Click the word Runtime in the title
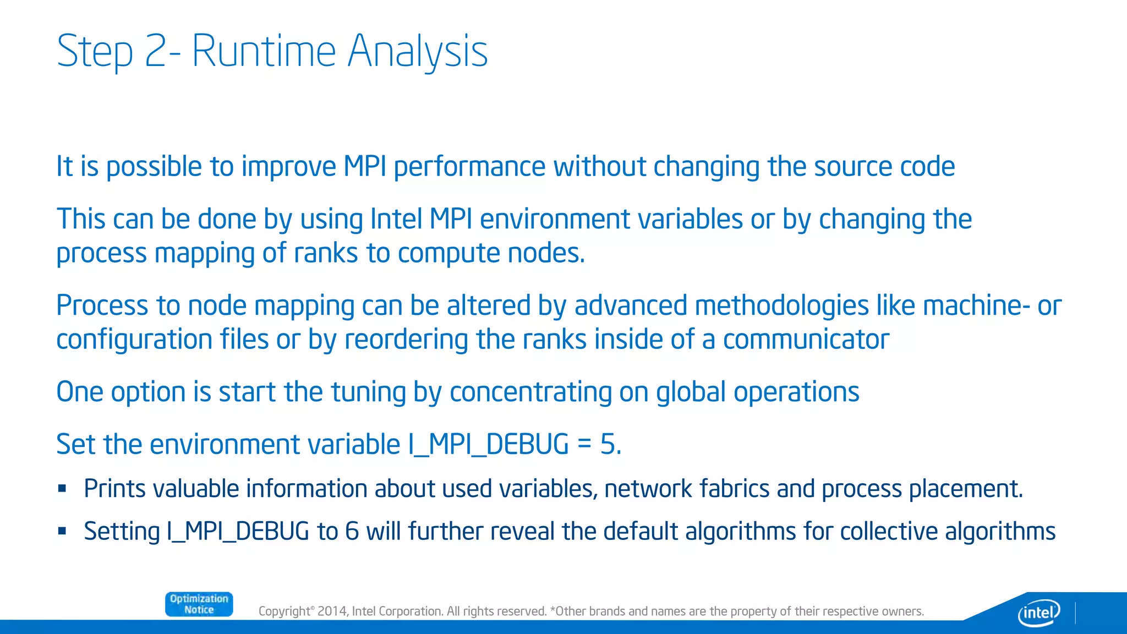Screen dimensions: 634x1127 263,51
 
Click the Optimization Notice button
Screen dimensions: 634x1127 199,604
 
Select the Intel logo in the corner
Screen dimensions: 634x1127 1038,612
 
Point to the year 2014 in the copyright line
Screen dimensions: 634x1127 332,611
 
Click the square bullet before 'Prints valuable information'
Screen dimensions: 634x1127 62,488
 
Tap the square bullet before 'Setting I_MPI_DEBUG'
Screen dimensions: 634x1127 62,531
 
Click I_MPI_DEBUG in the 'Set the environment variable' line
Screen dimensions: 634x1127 488,444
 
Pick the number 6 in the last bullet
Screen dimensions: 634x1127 352,532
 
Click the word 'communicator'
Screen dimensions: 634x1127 806,340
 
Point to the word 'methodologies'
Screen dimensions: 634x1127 776,305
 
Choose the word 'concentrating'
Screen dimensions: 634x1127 530,392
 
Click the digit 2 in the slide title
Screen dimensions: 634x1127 156,51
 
